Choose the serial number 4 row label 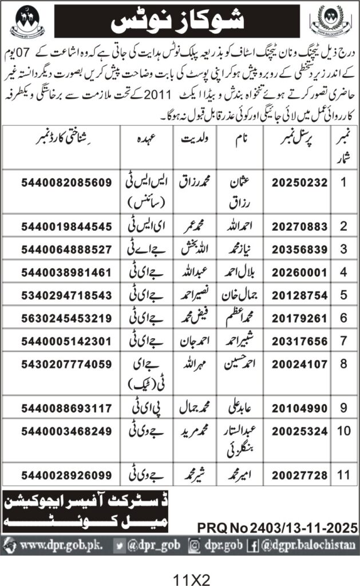[x=343, y=271]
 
